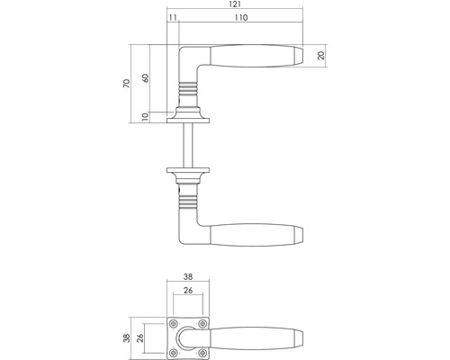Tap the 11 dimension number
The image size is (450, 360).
click(x=172, y=18)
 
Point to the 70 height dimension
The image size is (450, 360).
click(x=128, y=83)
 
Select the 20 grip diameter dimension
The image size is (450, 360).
click(x=321, y=56)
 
